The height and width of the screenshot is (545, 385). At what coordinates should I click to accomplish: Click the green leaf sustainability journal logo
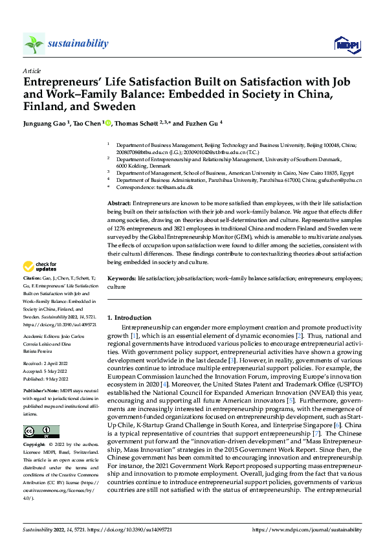point(34,43)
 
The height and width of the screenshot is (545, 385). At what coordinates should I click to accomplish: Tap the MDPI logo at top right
point(346,43)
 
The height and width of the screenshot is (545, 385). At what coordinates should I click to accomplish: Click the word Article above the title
point(31,70)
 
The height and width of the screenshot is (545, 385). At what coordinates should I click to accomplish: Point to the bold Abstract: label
point(121,203)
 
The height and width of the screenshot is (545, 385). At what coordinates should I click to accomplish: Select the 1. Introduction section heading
point(129,318)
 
